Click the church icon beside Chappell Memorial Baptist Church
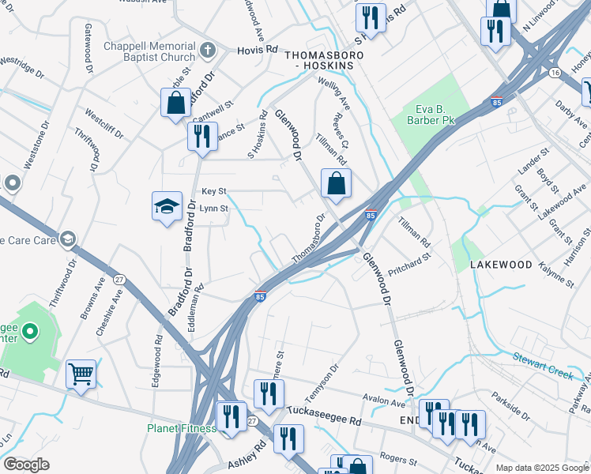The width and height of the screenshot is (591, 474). click(x=209, y=51)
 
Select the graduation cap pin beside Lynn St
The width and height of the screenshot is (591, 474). click(x=168, y=207)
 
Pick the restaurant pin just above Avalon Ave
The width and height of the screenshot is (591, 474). click(x=269, y=393)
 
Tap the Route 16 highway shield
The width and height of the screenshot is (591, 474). click(x=556, y=72)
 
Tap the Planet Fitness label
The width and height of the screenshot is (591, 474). click(x=181, y=428)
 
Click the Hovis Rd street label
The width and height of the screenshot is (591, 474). click(x=258, y=49)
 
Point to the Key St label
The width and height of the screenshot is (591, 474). click(x=213, y=191)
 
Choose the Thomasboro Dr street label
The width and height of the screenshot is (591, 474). click(x=309, y=239)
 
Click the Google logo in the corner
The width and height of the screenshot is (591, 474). click(x=26, y=465)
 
